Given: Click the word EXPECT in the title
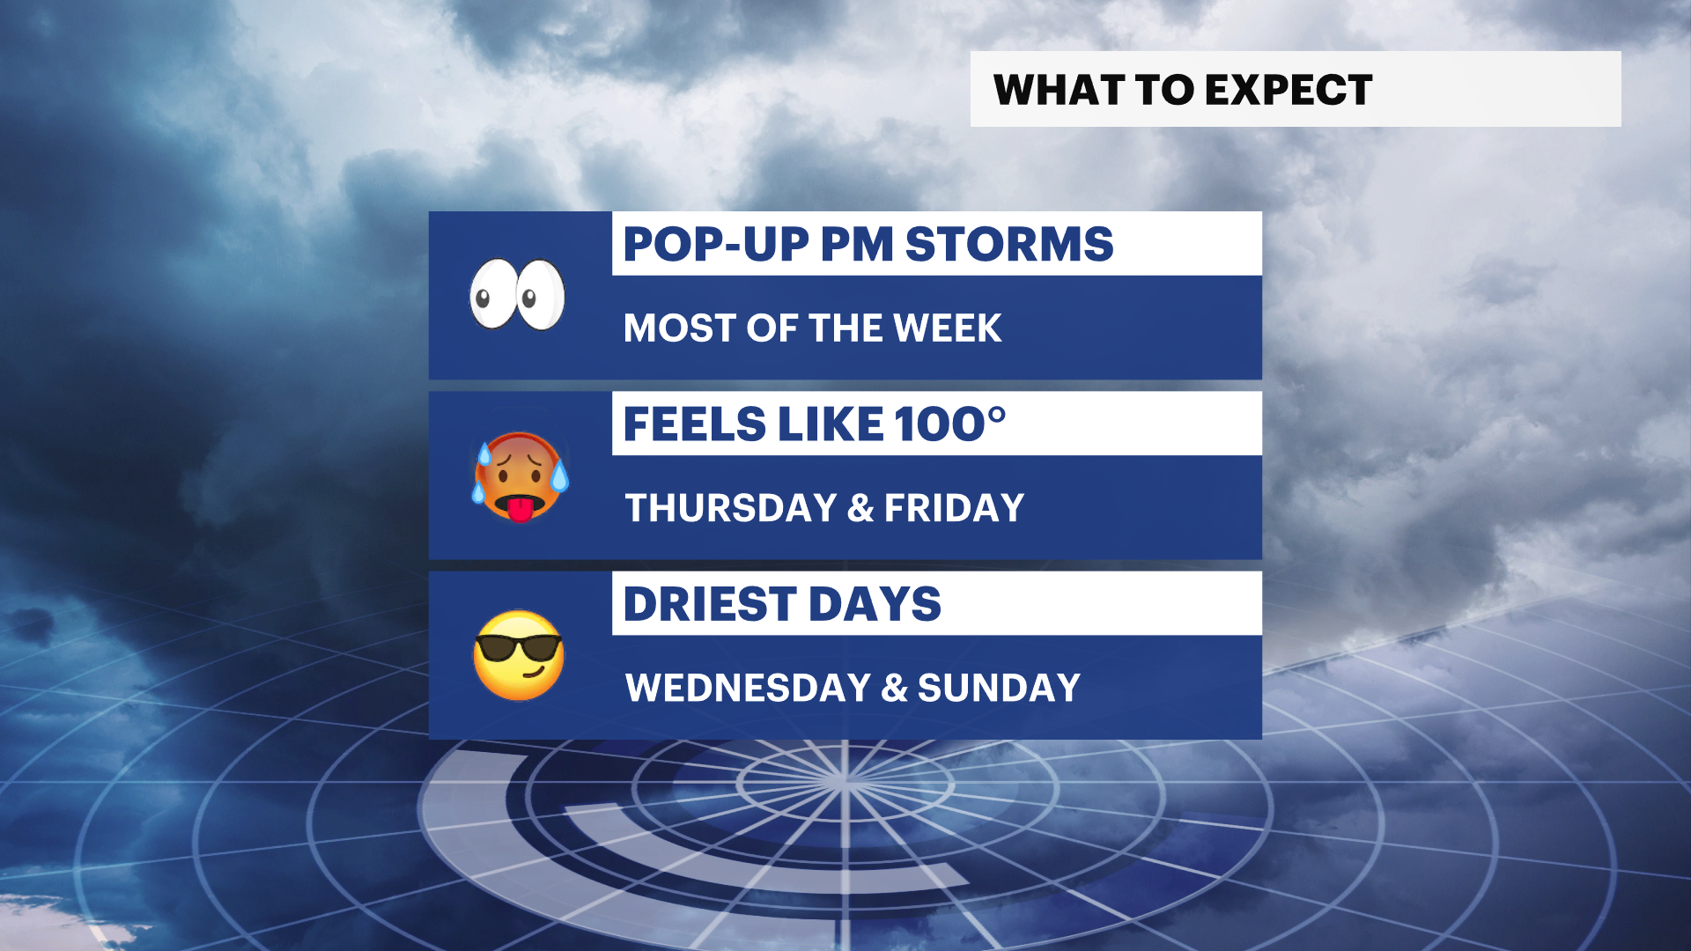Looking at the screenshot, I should pyautogui.click(x=1289, y=90).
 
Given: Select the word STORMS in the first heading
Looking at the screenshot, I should pyautogui.click(x=1009, y=244).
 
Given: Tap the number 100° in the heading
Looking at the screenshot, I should pyautogui.click(x=950, y=424).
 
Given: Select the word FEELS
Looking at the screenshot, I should pyautogui.click(x=695, y=424).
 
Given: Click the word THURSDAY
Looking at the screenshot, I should pyautogui.click(x=731, y=508).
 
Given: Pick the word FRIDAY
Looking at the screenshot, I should pyautogui.click(x=954, y=508).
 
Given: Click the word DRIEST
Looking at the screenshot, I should pyautogui.click(x=710, y=604).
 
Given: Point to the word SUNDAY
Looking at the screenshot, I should pyautogui.click(x=999, y=688).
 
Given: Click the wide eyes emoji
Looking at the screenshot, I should pyautogui.click(x=517, y=294).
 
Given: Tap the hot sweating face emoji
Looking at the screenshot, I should pyautogui.click(x=521, y=475).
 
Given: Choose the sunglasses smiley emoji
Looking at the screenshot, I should pyautogui.click(x=519, y=655).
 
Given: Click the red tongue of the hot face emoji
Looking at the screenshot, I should pyautogui.click(x=520, y=509).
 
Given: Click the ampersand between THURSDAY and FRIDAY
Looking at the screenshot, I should pyautogui.click(x=860, y=509).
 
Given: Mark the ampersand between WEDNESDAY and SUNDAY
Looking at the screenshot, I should pyautogui.click(x=894, y=689).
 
